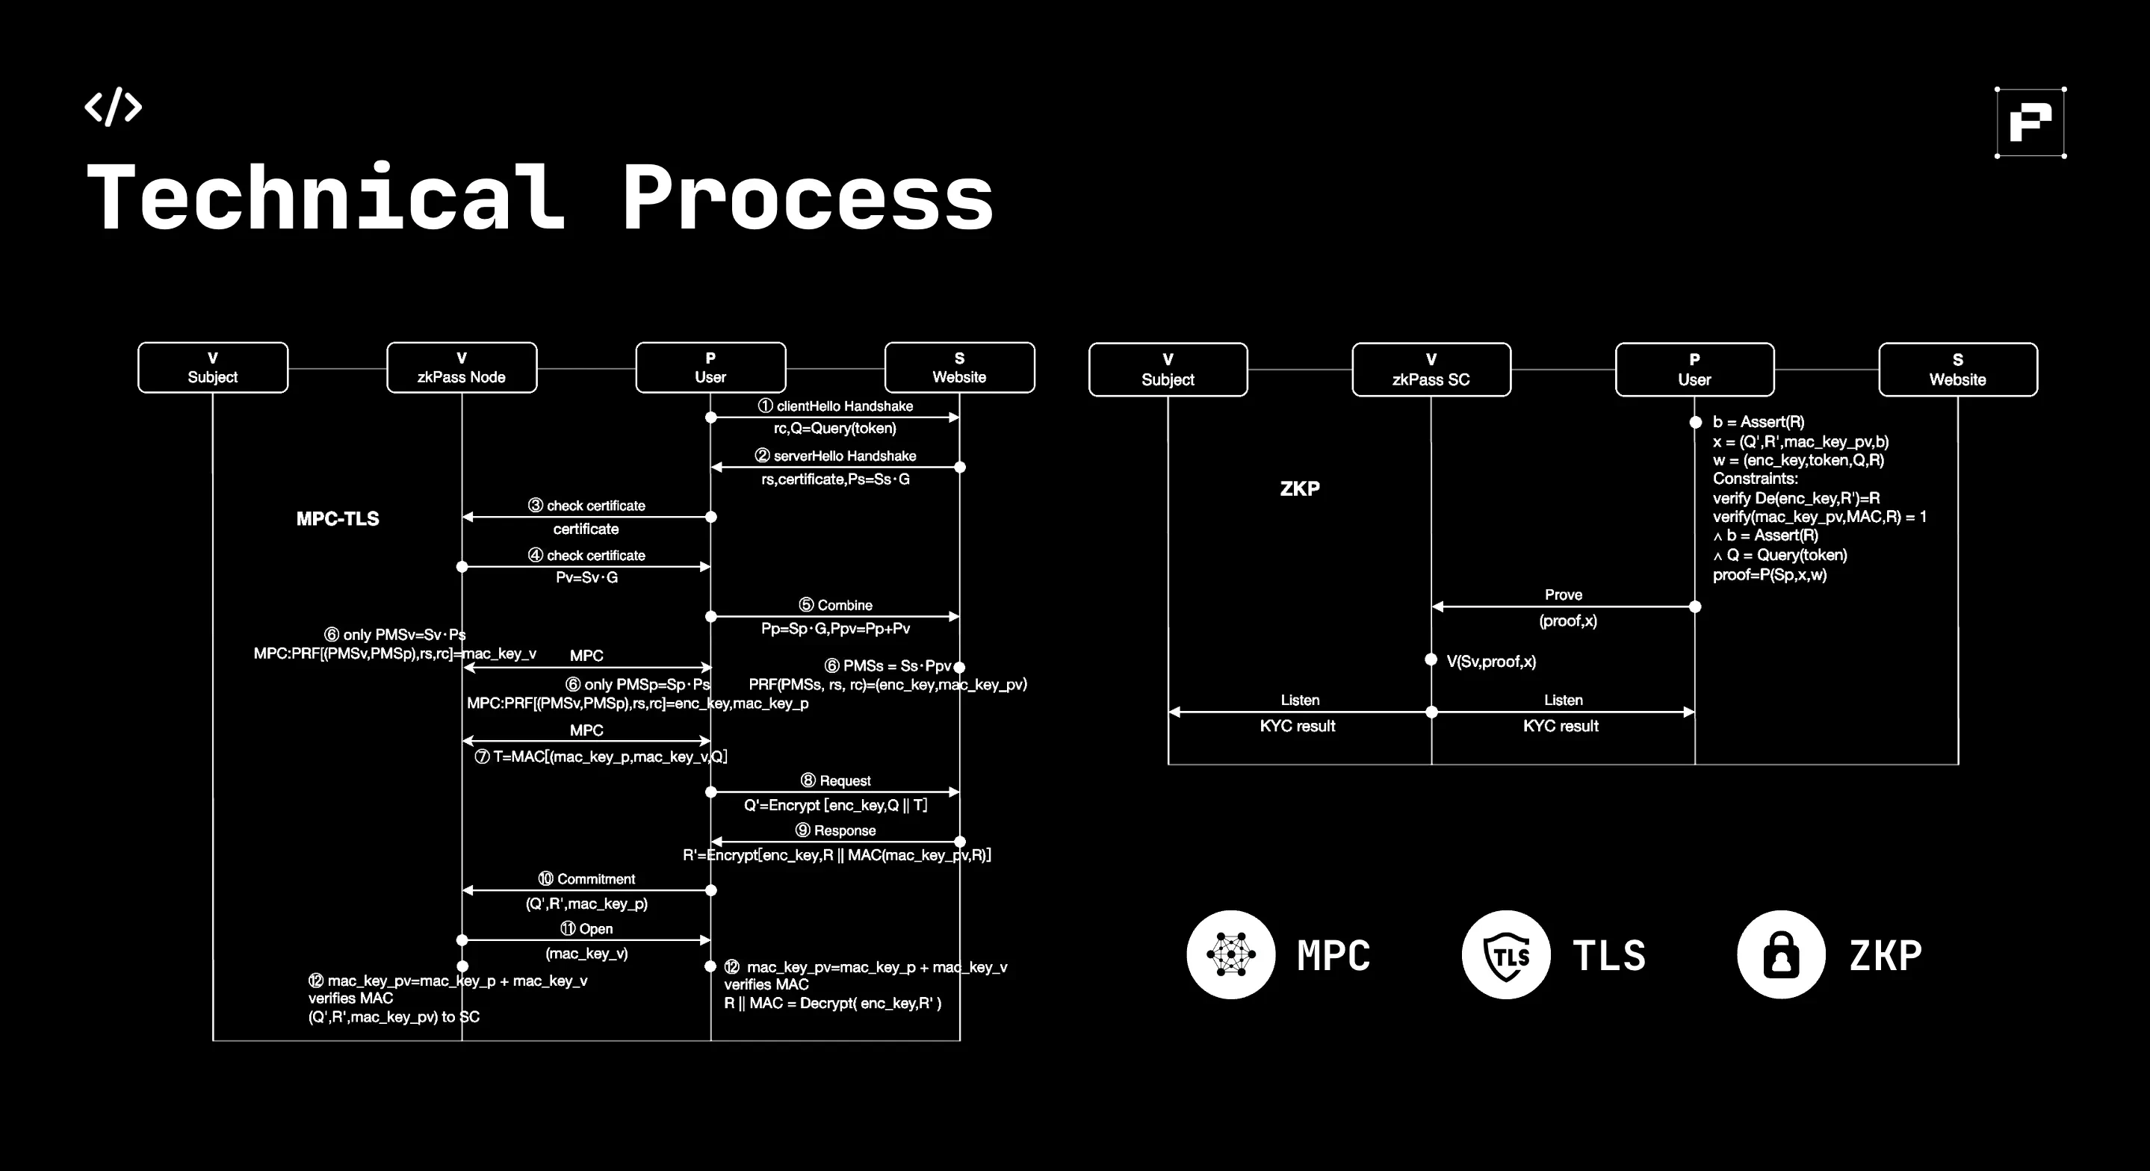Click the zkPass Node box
pos(462,367)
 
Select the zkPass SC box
pos(1431,369)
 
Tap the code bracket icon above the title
pos(114,107)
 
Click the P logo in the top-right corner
pos(2030,122)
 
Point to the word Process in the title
pos(807,198)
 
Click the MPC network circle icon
pos(1230,954)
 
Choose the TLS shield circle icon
pos(1505,954)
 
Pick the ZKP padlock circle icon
pos(1780,954)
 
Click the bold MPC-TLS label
pos(337,518)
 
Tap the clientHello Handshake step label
pos(835,406)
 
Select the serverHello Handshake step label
pos(835,456)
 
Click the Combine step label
pos(835,605)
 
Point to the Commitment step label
pos(586,879)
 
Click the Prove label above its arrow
pos(1564,594)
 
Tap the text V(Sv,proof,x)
pos(1490,661)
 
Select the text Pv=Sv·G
pos(586,577)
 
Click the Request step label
pos(835,780)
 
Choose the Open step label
pos(586,929)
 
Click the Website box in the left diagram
pos(959,367)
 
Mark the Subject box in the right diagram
pos(1168,369)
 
